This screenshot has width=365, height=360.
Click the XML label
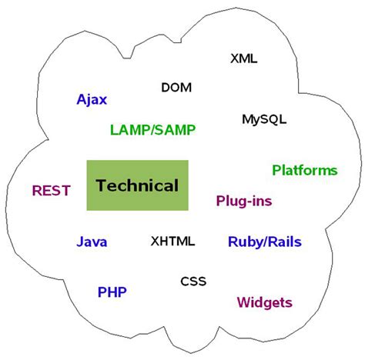click(244, 58)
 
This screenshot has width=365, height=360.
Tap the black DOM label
click(176, 87)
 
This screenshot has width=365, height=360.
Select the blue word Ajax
click(92, 99)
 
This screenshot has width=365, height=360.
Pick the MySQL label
click(263, 119)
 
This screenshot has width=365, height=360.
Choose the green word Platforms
click(304, 170)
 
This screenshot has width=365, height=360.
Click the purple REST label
click(52, 190)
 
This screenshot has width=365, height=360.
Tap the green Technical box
click(137, 185)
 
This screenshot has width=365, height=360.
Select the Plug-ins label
click(243, 201)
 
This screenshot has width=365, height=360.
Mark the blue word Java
click(92, 242)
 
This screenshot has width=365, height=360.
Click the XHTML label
click(172, 242)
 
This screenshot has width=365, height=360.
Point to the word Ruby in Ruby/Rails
click(246, 242)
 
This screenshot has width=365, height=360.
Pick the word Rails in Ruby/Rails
click(284, 242)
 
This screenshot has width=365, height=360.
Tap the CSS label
click(193, 281)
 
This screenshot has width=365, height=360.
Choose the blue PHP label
click(112, 292)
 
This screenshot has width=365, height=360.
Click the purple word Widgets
click(264, 302)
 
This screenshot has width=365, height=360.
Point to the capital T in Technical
click(101, 185)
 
